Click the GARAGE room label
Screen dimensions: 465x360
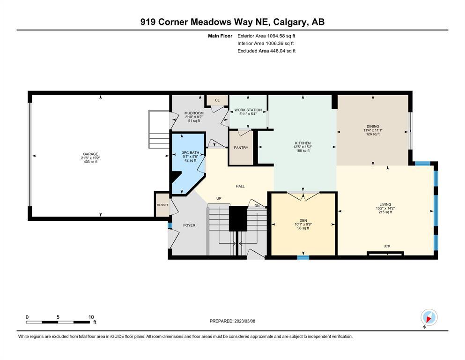pos(90,154)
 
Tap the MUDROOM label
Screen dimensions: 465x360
pos(194,113)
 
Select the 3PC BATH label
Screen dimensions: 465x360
pos(191,152)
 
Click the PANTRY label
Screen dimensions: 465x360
pos(241,148)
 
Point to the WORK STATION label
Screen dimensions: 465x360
pos(248,110)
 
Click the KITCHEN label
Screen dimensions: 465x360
pos(303,143)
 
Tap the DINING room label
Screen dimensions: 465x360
pos(373,126)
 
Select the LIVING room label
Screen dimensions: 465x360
pos(385,204)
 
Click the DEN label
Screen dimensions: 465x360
pos(303,220)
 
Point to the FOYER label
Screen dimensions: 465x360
pos(189,225)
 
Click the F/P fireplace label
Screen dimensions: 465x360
pos(387,247)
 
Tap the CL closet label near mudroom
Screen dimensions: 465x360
pos(217,100)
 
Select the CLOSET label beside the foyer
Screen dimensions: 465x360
pos(162,205)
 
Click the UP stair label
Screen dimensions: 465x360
pos(219,198)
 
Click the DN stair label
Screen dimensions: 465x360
pos(257,206)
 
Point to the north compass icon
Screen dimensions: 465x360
pos(429,317)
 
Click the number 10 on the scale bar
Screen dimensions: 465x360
pos(91,317)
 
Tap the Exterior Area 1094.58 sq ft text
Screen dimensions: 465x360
pos(266,36)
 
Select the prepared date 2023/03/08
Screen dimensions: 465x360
pos(244,321)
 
